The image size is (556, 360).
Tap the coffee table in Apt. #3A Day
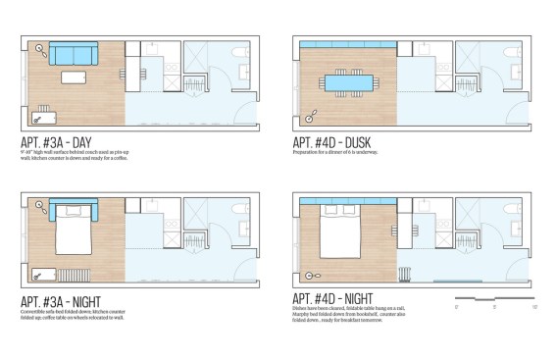(76, 77)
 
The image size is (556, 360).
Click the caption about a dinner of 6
(335, 152)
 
